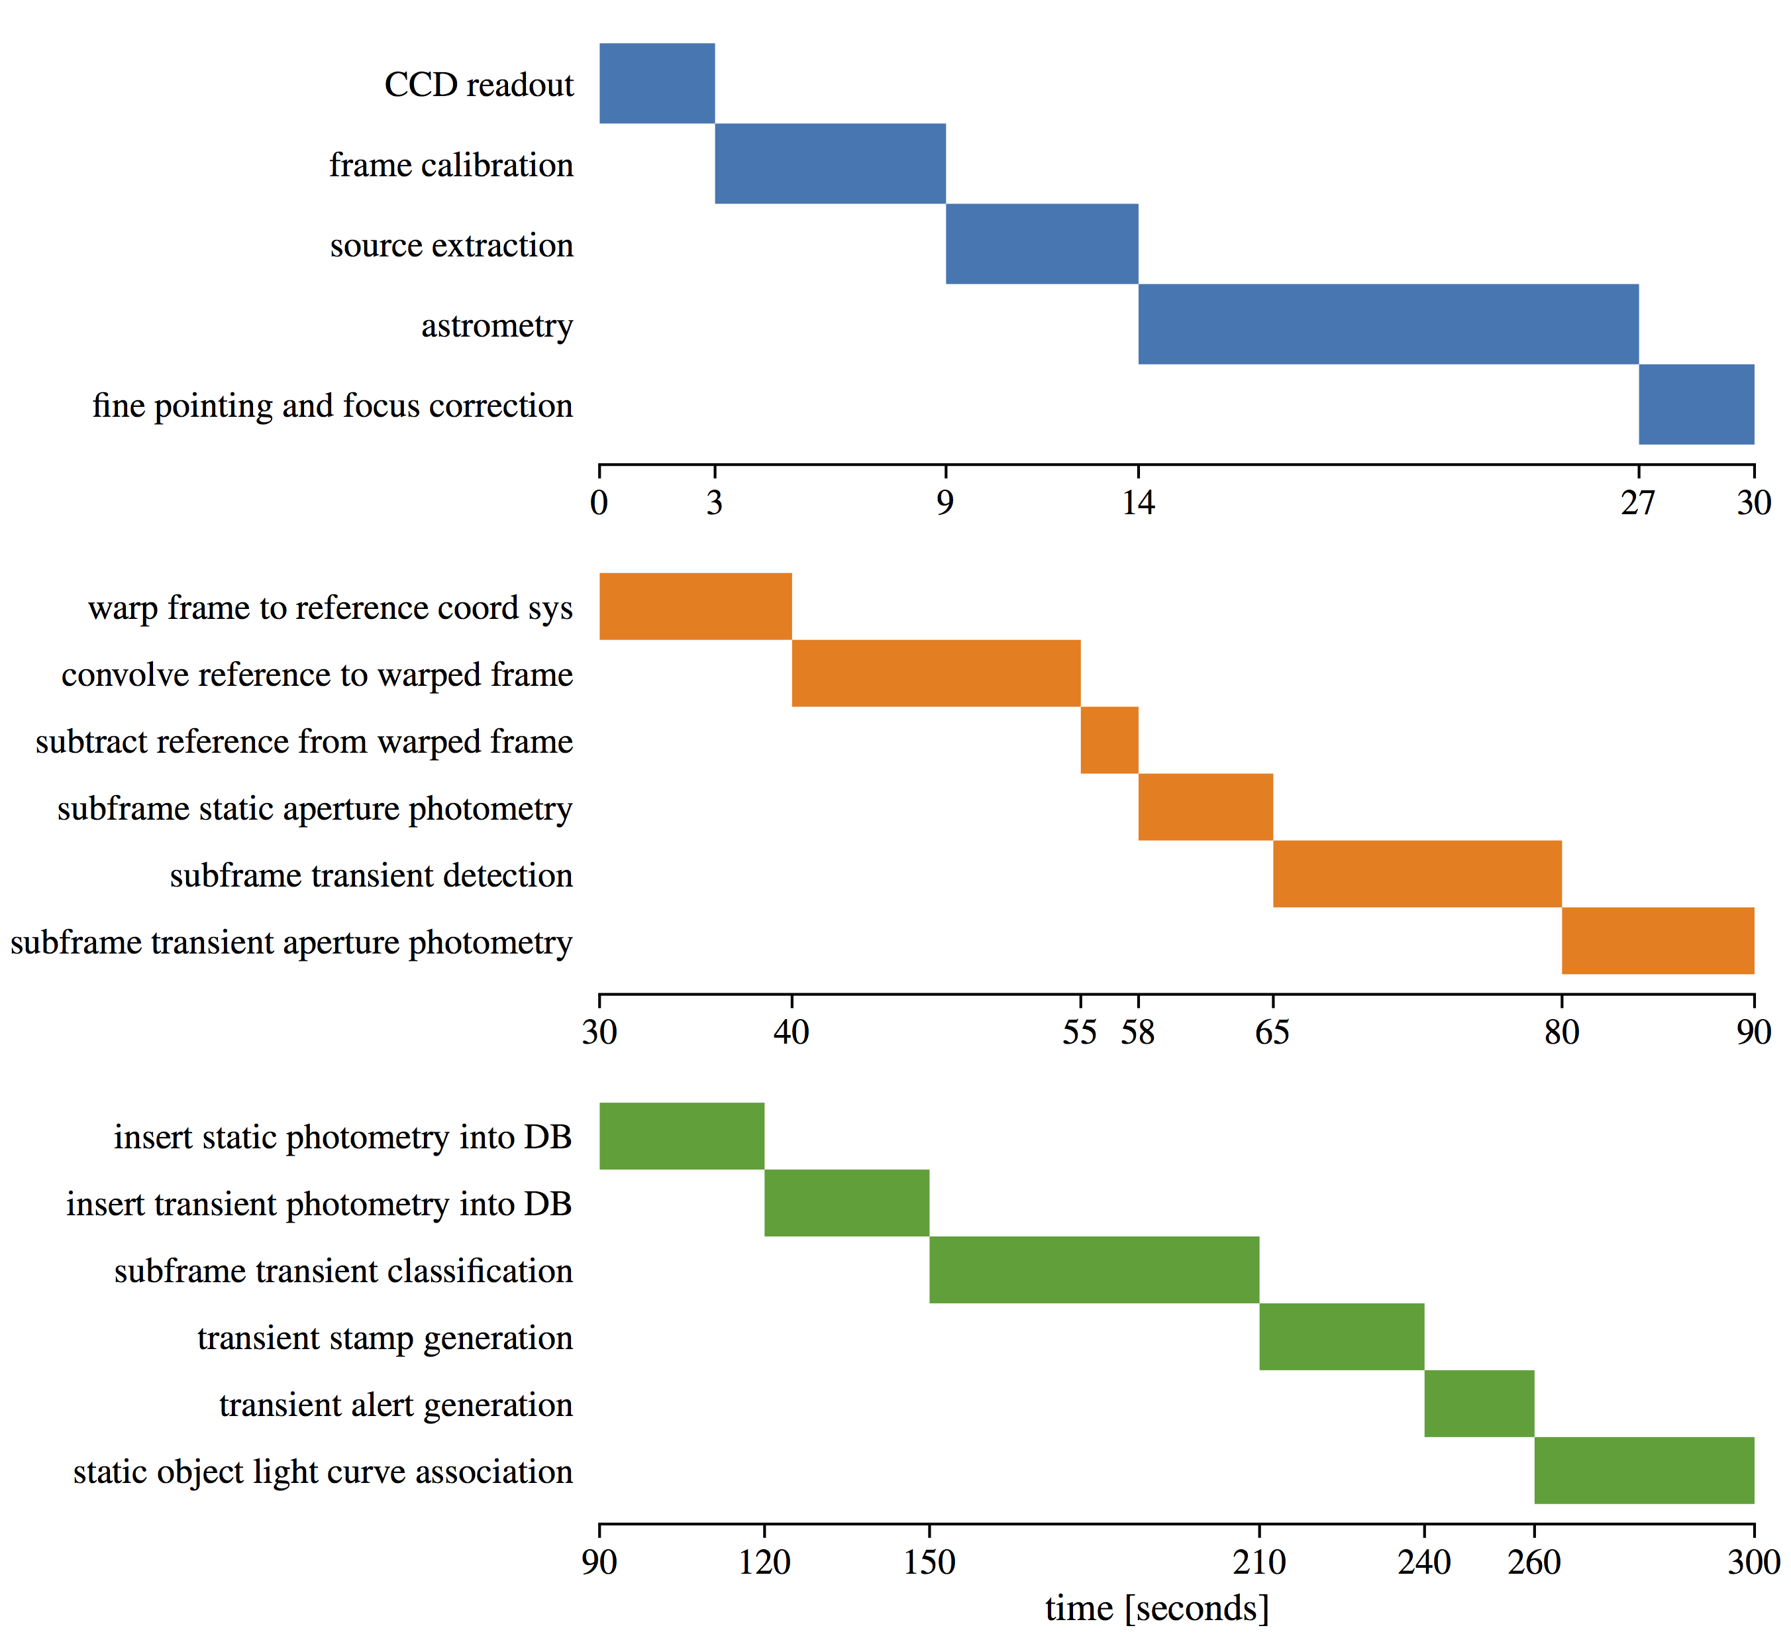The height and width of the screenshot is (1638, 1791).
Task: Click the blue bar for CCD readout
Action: (656, 83)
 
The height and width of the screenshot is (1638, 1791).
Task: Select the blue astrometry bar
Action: (1388, 325)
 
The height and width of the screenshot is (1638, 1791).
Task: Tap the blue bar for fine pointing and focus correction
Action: (1696, 404)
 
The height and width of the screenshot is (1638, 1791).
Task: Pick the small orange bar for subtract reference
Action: (1109, 740)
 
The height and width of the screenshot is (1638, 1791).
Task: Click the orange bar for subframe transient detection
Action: (1417, 873)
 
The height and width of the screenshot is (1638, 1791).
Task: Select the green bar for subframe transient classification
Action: (1094, 1269)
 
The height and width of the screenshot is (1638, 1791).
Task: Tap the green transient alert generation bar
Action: (1478, 1403)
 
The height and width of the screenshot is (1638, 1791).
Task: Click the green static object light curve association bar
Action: (1643, 1470)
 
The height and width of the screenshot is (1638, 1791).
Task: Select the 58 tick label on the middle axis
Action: (1137, 1033)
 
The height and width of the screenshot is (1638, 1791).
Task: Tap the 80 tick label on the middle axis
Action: (1561, 1033)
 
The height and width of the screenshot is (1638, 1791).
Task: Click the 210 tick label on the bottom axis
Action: (1259, 1562)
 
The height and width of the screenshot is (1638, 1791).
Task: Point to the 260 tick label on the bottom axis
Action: (1533, 1562)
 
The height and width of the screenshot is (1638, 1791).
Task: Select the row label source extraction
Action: (451, 245)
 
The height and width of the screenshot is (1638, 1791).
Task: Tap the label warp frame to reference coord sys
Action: (331, 608)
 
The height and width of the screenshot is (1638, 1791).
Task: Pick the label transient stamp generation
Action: (385, 1338)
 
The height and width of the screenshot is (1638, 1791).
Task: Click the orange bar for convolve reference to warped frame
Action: (935, 674)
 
